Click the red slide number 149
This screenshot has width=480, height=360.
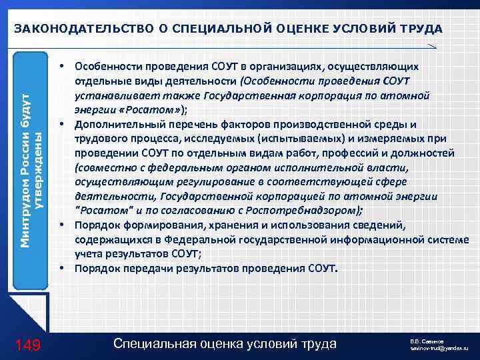(28, 345)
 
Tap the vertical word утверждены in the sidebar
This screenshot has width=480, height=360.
(39, 172)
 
